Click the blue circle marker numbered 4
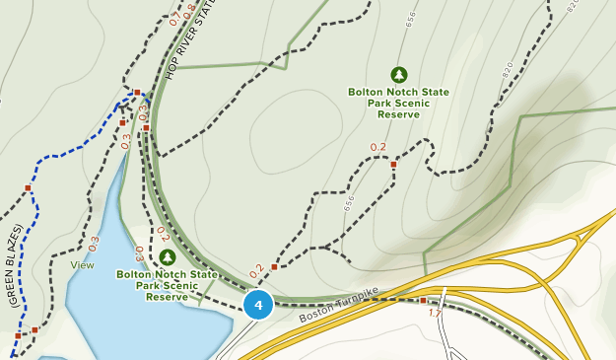[258, 305]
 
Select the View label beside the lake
[82, 264]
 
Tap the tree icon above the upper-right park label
[399, 75]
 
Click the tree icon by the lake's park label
[167, 258]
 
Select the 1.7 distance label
[436, 313]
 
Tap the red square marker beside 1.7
[424, 300]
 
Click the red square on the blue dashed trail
[28, 188]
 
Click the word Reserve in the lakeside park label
[167, 296]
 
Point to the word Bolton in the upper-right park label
[365, 92]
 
